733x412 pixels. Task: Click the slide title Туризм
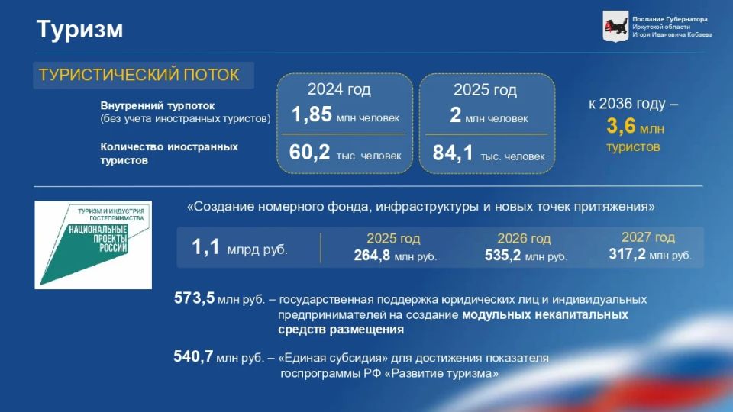79,30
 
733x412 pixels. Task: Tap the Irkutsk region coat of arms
615,26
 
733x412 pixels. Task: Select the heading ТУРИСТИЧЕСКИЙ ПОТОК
139,75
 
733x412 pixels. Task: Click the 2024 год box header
339,90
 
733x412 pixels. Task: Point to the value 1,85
312,115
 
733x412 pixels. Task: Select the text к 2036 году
633,104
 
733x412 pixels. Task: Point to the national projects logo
93,245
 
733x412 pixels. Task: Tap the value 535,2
502,256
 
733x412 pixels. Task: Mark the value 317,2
627,254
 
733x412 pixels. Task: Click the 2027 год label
647,237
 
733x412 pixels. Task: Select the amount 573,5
194,299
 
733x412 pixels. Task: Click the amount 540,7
193,356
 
